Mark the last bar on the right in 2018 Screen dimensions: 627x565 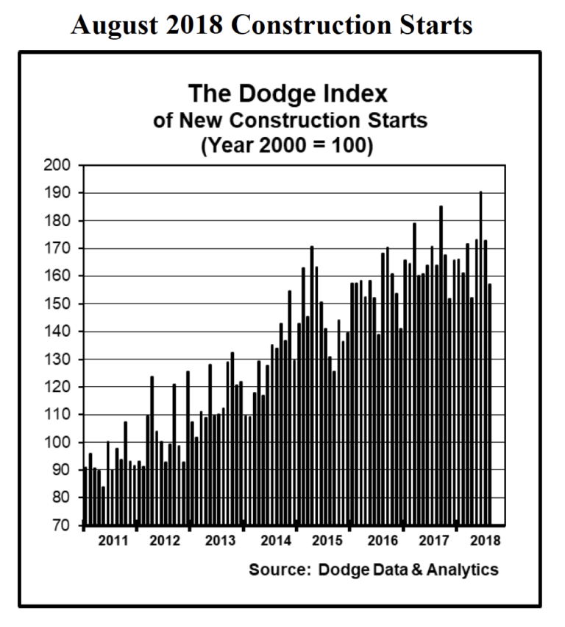pyautogui.click(x=490, y=404)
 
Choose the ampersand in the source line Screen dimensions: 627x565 pyautogui.click(x=408, y=570)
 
